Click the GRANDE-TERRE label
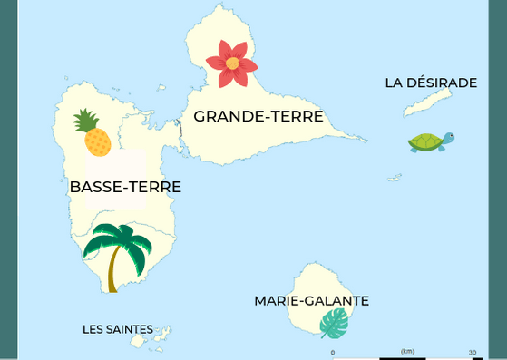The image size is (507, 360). (258, 116)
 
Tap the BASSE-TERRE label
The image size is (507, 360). (125, 188)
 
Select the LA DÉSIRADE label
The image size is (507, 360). (431, 83)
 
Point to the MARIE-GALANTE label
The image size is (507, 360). (311, 301)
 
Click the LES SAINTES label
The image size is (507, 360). (118, 329)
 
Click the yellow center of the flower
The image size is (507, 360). (232, 63)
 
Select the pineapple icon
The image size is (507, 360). (93, 133)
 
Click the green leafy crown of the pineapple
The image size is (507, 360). (86, 120)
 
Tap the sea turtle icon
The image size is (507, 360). (429, 142)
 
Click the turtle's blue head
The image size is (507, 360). (447, 138)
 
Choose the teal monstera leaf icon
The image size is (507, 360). (335, 323)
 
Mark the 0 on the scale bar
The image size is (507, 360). (333, 352)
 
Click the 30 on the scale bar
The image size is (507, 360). (473, 352)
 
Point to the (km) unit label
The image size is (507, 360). (407, 351)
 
